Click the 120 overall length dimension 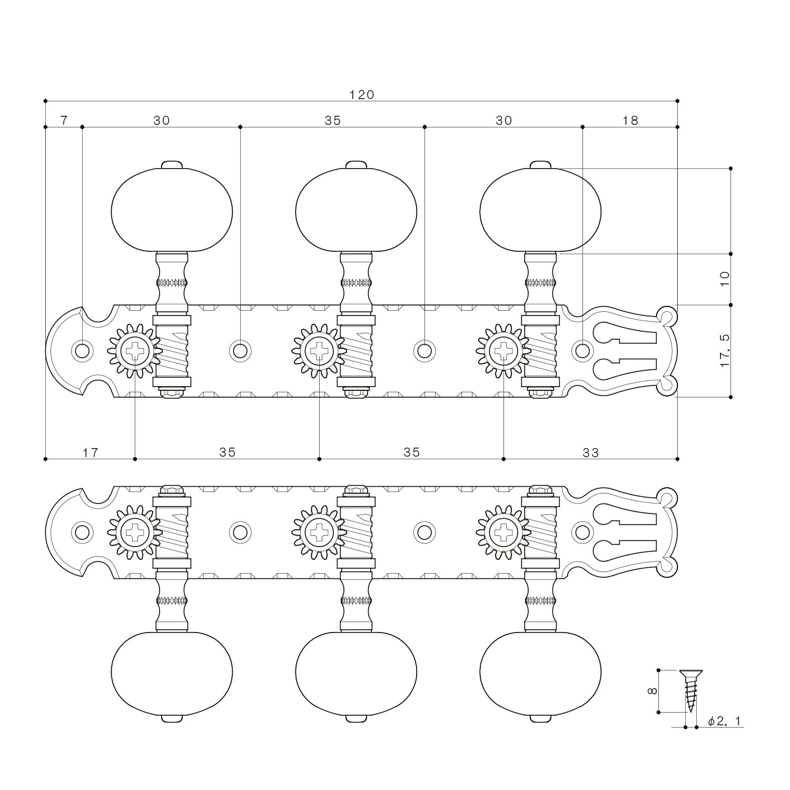[361, 95]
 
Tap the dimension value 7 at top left [64, 121]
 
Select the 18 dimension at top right [630, 121]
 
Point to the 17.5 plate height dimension [725, 351]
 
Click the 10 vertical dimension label [725, 278]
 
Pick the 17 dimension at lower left [90, 452]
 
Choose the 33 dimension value [590, 452]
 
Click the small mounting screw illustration [689, 690]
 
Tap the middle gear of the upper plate [319, 350]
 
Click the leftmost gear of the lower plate [135, 532]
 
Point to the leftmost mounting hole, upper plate [82, 350]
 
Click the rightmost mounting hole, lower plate [582, 532]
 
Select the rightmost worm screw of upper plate [540, 350]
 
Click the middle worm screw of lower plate [356, 532]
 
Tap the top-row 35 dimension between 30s [332, 121]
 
